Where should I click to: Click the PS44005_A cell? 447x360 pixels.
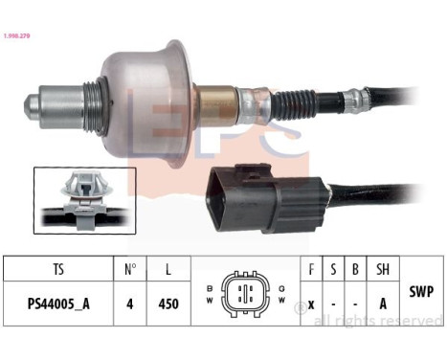(x=59, y=304)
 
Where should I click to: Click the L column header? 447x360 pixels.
(x=168, y=270)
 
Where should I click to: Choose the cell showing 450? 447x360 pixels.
(x=168, y=304)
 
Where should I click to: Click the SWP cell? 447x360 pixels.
(x=421, y=288)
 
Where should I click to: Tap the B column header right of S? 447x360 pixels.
(x=355, y=270)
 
